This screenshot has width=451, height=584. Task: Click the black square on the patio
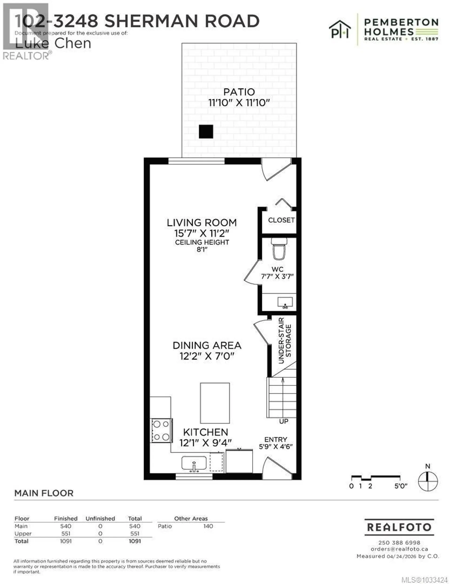click(x=206, y=131)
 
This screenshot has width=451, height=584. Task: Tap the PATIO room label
click(x=239, y=92)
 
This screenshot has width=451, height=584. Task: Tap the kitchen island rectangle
click(x=215, y=403)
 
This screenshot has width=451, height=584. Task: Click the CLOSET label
click(x=281, y=220)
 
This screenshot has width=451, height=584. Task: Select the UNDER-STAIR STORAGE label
click(x=284, y=340)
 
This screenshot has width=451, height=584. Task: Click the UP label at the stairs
click(x=284, y=421)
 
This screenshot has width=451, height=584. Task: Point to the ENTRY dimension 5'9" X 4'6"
click(x=276, y=447)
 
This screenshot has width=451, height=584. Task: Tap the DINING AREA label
click(x=207, y=345)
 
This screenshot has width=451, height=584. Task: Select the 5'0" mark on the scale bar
click(x=400, y=486)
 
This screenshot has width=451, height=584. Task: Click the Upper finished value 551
click(x=66, y=533)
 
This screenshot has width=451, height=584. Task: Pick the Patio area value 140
click(x=208, y=526)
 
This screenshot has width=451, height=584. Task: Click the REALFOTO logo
click(x=399, y=527)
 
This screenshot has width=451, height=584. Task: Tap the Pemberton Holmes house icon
click(x=340, y=29)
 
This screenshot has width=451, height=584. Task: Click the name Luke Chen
click(x=53, y=44)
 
